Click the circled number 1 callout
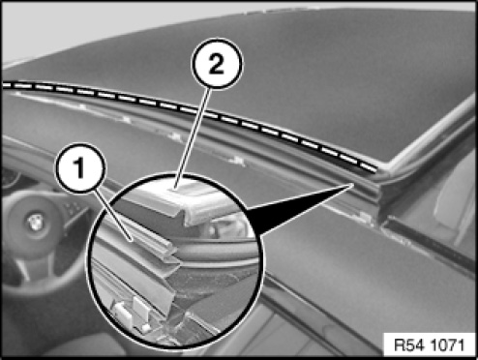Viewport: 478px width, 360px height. click(80, 167)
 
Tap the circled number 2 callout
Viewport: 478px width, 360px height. click(217, 64)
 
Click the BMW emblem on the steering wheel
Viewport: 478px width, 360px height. click(34, 222)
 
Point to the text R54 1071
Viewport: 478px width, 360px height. click(430, 345)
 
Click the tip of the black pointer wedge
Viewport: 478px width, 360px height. click(352, 184)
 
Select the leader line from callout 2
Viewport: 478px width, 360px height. click(193, 137)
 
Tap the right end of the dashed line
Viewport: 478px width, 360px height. click(375, 169)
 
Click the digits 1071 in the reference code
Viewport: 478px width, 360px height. click(448, 345)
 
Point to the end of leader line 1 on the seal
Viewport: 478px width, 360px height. click(131, 240)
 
